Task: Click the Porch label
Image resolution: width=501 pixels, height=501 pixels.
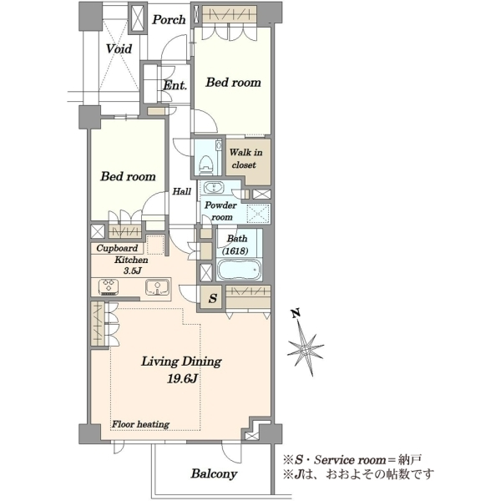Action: pos(169,20)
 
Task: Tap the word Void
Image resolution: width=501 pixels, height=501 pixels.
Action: pos(119,49)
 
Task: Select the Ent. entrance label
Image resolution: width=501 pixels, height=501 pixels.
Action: pos(175,85)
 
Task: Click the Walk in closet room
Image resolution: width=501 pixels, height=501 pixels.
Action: pos(248,161)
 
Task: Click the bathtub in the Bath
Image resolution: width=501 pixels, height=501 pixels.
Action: pos(239,270)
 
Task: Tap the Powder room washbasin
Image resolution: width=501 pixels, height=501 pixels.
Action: pos(213,187)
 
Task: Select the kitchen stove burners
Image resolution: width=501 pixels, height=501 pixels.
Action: pos(109,287)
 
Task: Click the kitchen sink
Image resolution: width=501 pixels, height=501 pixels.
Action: pos(158,287)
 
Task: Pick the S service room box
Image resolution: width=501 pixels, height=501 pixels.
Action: pos(212,298)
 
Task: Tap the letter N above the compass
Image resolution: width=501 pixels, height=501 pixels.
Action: pos(296,313)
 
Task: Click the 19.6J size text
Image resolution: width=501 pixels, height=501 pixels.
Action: pos(182,379)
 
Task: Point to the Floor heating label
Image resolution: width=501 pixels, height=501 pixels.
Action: pos(140,424)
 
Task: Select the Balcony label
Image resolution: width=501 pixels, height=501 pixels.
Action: pos(214,473)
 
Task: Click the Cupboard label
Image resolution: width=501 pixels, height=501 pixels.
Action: pos(117,248)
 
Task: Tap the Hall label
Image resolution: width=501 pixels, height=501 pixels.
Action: pos(182,191)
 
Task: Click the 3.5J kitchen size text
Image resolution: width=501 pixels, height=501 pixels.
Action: pos(133,271)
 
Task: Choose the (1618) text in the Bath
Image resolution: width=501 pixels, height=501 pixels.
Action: pos(235,251)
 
